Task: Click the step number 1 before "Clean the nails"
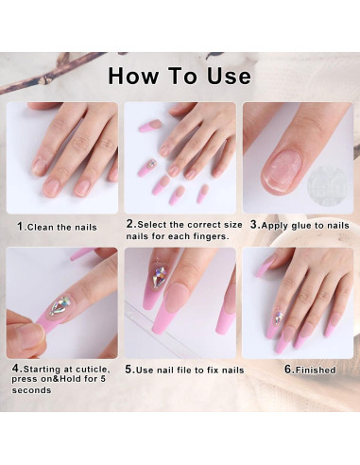tap(21, 227)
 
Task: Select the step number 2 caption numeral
tap(129, 224)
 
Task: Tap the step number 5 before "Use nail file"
tap(129, 370)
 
